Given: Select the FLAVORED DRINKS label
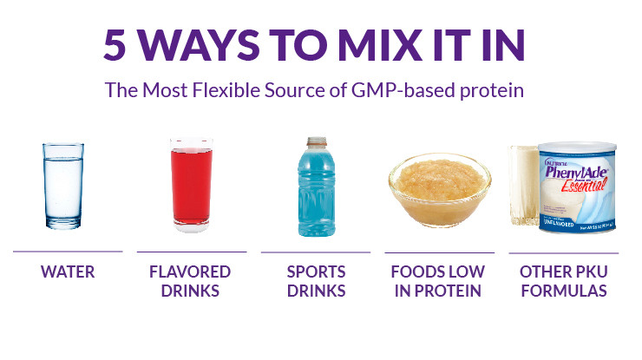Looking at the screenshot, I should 191,281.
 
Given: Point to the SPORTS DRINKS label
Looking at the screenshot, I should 316,281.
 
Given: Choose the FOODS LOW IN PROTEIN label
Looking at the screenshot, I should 438,281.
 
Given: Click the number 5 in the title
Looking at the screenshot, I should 116,46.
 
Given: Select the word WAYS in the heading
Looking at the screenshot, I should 200,46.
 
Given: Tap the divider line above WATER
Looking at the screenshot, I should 67,252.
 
